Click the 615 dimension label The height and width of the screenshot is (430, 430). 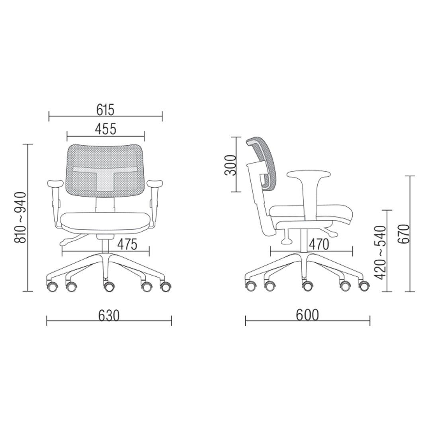click(105, 110)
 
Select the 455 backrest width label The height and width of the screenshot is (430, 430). click(106, 129)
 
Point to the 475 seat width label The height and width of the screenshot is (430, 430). click(127, 244)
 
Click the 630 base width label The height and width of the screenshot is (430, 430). click(109, 316)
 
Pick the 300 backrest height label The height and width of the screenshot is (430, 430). click(231, 165)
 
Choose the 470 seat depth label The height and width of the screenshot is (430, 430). click(319, 244)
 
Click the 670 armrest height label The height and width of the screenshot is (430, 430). click(403, 234)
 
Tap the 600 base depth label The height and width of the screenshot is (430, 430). click(307, 315)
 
